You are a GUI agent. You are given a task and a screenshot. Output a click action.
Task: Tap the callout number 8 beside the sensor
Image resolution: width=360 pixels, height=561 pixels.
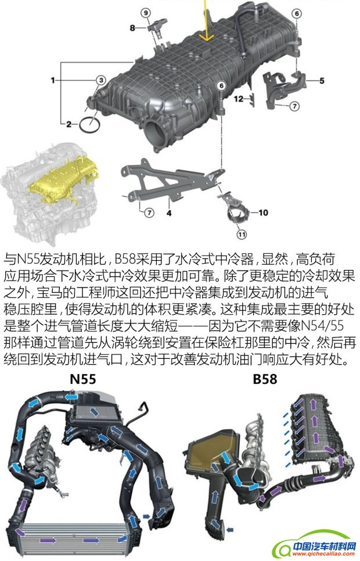(132, 27)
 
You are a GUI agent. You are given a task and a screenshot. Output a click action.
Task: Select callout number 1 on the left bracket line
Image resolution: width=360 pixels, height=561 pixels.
(53, 80)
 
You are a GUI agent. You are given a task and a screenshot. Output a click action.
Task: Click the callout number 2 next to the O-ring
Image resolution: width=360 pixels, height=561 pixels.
(68, 124)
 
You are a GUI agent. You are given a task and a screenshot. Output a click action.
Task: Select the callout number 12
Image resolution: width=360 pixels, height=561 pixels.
(238, 99)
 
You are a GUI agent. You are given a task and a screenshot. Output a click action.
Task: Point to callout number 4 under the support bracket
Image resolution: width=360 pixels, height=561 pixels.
(169, 213)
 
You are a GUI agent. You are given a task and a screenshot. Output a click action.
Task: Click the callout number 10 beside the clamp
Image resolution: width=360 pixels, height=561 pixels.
(263, 213)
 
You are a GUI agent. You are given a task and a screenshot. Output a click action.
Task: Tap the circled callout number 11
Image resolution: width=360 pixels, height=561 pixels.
(242, 235)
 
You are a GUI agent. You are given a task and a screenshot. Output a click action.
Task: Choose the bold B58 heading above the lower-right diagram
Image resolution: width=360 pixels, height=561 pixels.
(265, 379)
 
